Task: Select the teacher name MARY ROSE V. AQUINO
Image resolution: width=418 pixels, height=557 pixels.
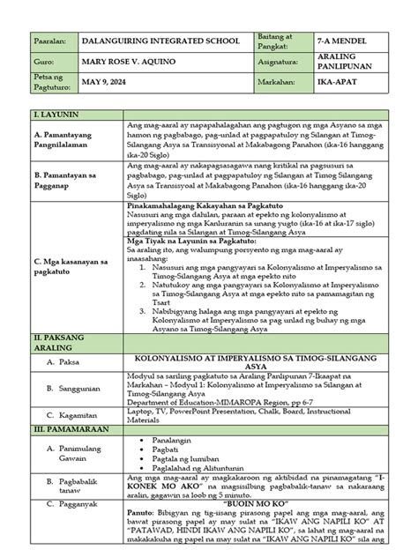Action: pyautogui.click(x=119, y=65)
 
